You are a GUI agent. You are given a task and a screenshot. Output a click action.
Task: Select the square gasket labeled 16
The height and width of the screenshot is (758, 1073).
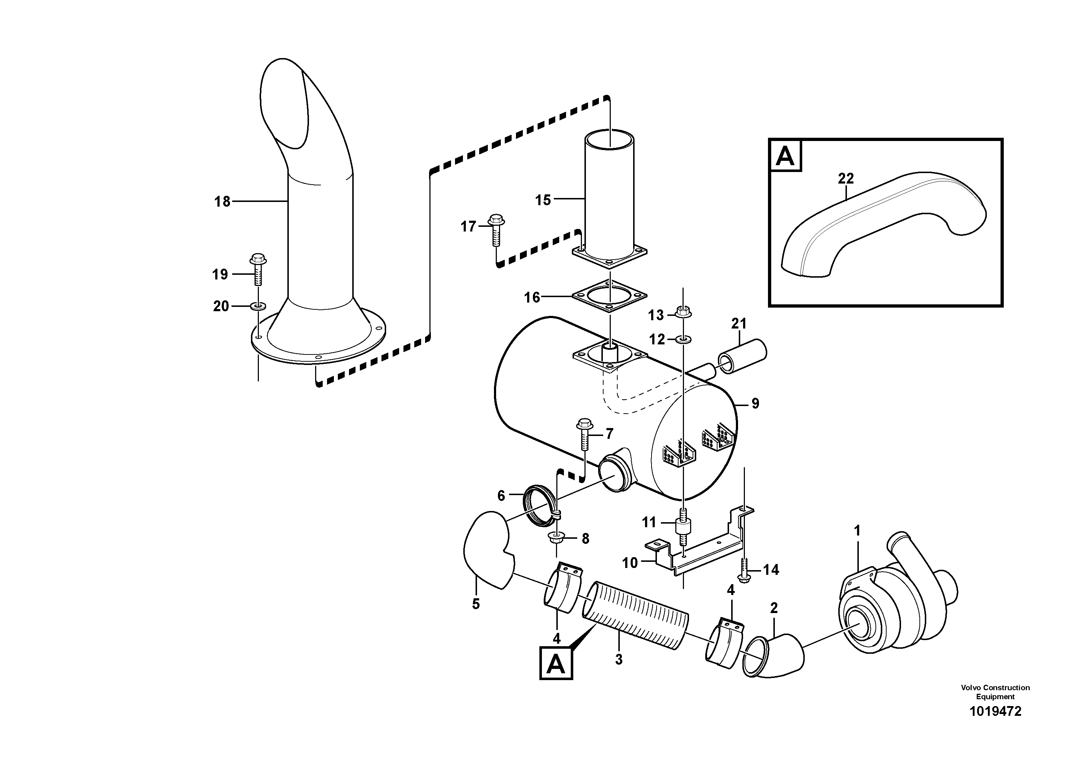click(609, 296)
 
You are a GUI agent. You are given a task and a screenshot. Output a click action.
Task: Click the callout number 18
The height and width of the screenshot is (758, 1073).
click(222, 202)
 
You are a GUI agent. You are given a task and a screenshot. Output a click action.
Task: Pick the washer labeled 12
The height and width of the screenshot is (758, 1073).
click(683, 338)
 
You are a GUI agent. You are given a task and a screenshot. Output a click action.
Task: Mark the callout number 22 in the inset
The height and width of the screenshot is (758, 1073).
click(845, 178)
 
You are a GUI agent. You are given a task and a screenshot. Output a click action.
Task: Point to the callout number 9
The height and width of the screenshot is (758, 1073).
click(755, 403)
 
